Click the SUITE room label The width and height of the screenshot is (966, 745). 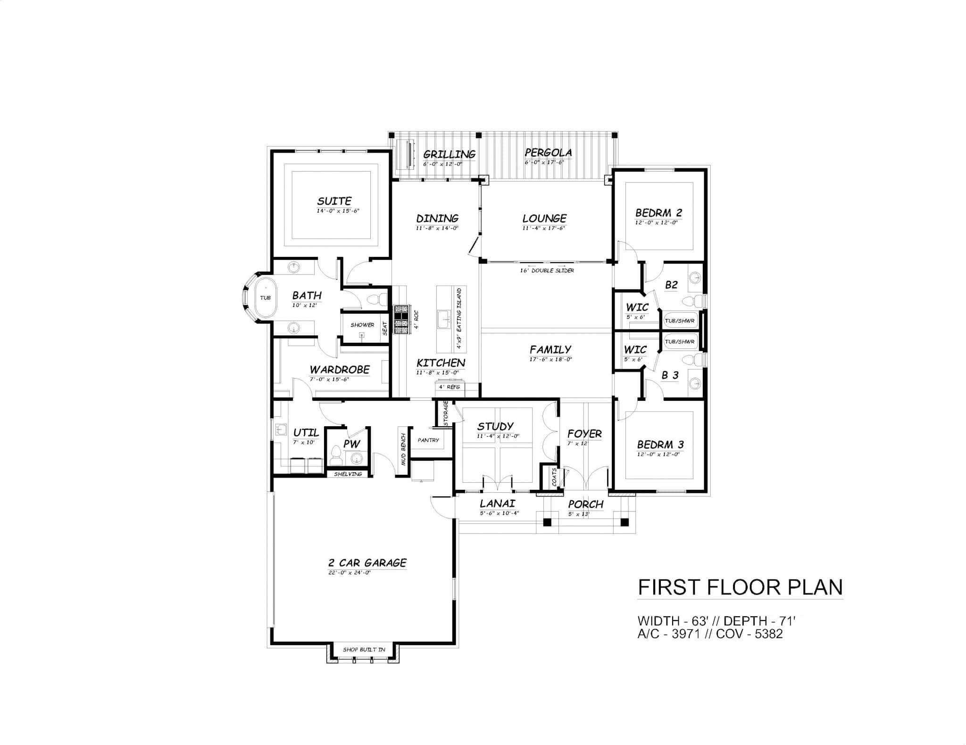point(334,201)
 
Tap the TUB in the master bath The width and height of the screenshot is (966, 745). point(266,298)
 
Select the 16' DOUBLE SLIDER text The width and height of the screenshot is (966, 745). point(547,271)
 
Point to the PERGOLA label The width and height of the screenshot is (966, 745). point(548,152)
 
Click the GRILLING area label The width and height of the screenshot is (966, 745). point(449,154)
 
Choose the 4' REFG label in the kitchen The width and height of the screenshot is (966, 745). point(449,387)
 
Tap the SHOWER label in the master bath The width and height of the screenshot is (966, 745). point(362,325)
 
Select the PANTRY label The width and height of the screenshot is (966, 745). point(428,440)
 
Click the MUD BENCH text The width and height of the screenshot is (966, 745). point(403,449)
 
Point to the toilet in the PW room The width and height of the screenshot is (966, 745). point(336,454)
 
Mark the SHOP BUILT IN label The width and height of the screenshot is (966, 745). point(364,649)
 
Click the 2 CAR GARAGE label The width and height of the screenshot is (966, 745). point(367,563)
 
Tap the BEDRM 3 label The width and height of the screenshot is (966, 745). point(660,444)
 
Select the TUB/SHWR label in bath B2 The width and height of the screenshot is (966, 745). point(679,321)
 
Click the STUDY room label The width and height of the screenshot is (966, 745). point(495,426)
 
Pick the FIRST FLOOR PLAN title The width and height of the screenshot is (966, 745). point(740,588)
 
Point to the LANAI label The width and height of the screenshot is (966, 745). point(497,504)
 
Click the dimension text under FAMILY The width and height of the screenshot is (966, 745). point(550,359)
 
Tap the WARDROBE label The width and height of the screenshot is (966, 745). point(340,370)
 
